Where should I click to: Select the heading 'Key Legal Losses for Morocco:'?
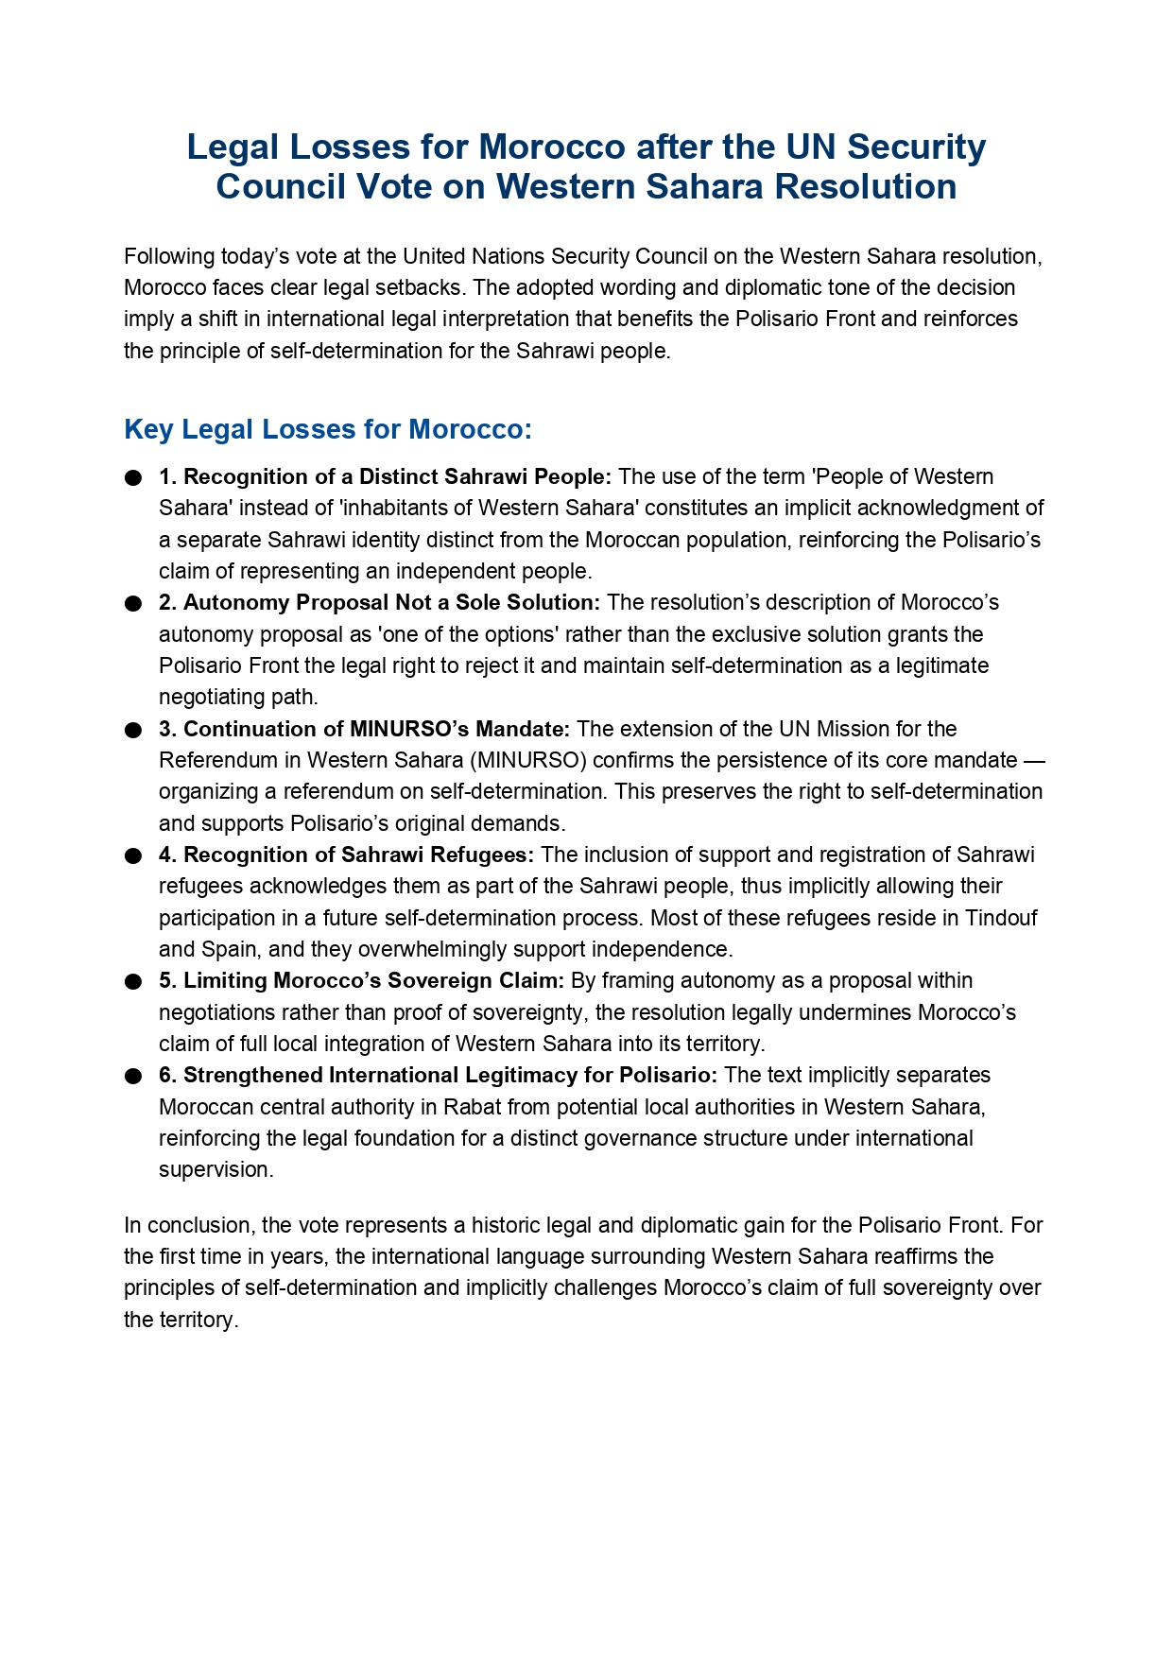pyautogui.click(x=328, y=429)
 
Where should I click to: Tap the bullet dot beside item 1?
pyautogui.click(x=133, y=478)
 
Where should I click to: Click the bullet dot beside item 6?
pyautogui.click(x=133, y=1077)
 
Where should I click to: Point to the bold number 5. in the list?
pyautogui.click(x=167, y=981)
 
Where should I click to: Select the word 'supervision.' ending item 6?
pyautogui.click(x=216, y=1170)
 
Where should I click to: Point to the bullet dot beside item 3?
pyautogui.click(x=133, y=731)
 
